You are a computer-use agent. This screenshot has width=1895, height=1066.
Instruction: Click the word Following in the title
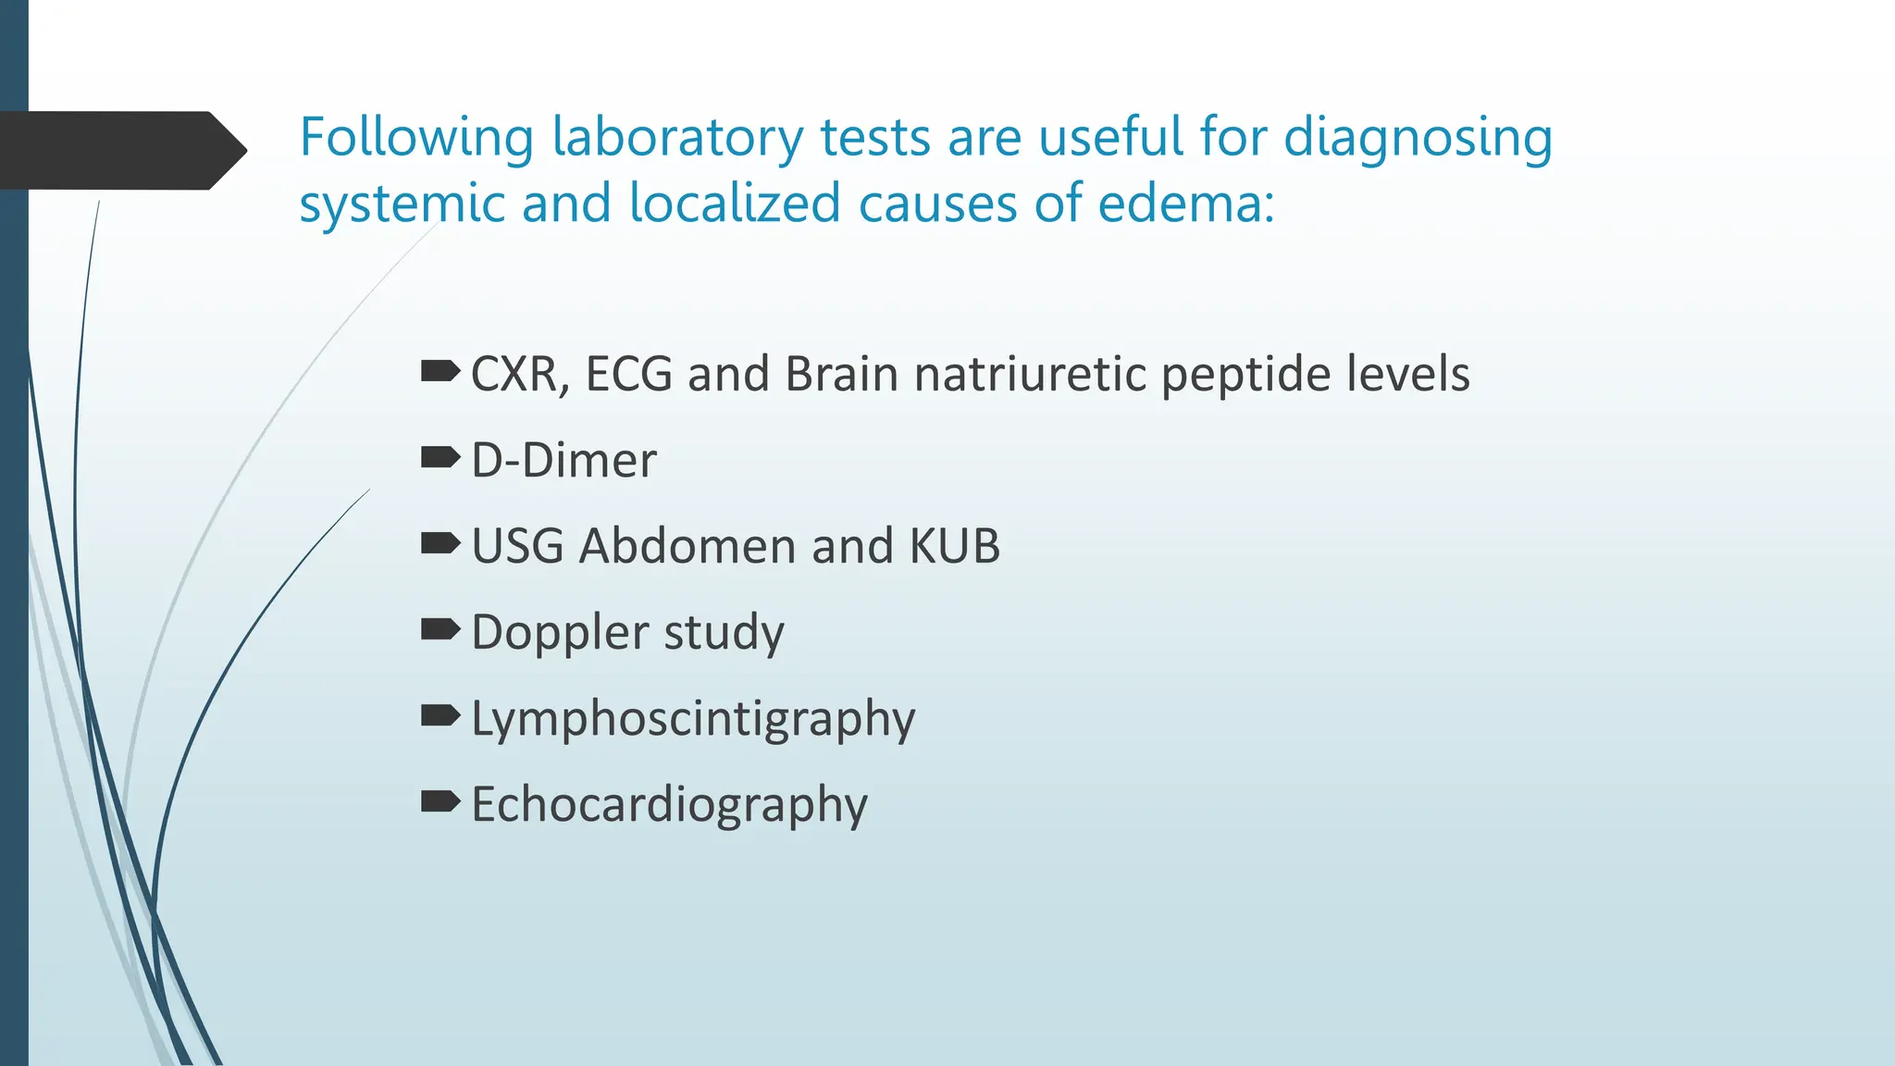tap(415, 139)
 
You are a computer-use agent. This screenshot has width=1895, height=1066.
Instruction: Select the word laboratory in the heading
tap(677, 139)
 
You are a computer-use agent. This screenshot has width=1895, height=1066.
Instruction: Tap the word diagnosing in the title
tap(1418, 139)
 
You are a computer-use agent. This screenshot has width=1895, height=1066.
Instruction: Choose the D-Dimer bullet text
tap(564, 460)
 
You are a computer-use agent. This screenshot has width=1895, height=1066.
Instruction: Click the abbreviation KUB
tap(954, 546)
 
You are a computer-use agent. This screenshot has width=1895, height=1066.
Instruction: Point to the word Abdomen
tap(687, 546)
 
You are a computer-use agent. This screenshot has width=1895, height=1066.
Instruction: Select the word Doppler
tap(560, 633)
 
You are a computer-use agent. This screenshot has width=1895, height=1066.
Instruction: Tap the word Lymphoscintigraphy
tap(693, 719)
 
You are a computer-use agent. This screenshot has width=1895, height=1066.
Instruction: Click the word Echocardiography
tap(669, 804)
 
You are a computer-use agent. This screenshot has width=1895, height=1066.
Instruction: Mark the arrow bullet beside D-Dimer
tap(440, 457)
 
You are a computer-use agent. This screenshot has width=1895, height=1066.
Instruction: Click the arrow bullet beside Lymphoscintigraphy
tap(440, 715)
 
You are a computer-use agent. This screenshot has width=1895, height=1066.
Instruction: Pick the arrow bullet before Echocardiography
tap(440, 801)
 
